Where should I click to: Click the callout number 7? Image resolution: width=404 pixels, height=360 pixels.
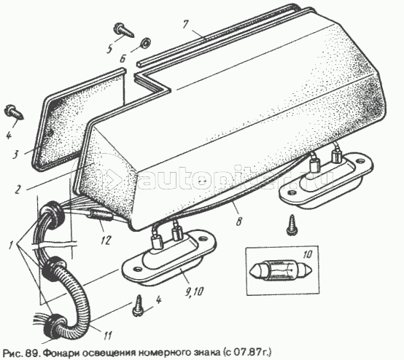[185, 26]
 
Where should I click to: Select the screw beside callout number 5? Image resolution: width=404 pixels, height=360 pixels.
[124, 30]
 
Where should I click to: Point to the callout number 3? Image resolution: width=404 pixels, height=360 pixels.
[15, 154]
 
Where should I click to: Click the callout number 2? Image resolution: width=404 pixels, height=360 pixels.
[18, 189]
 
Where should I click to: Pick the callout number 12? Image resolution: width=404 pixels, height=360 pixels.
[106, 240]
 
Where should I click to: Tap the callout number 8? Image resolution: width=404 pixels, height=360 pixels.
[239, 221]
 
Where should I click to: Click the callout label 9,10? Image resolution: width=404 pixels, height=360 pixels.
[194, 291]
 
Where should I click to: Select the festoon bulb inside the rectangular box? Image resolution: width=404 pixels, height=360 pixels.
[281, 271]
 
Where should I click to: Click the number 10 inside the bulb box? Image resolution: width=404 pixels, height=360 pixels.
[308, 254]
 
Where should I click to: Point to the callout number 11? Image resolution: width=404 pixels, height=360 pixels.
[107, 335]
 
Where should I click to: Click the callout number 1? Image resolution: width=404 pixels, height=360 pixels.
[11, 246]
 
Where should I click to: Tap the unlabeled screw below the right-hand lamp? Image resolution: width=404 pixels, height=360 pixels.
[292, 224]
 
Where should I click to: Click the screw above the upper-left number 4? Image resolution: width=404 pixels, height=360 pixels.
[14, 112]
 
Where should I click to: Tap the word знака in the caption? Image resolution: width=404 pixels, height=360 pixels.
[205, 352]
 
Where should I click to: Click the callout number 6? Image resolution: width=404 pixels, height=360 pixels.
[123, 59]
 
